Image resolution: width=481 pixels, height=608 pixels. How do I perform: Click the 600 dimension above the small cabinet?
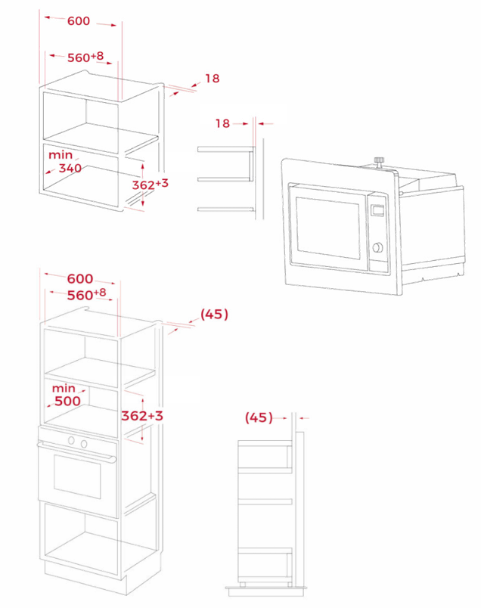pos(78,21)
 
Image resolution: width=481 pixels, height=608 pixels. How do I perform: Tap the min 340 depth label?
pos(64,161)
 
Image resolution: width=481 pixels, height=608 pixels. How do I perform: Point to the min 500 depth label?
pos(67,394)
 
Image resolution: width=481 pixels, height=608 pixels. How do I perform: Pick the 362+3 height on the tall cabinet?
pos(142,415)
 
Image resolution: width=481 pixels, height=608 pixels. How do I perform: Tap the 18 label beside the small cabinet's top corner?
pos(212,78)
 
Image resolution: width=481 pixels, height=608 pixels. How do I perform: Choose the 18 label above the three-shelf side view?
pos(222,123)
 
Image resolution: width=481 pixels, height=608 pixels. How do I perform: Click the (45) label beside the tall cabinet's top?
pos(213,314)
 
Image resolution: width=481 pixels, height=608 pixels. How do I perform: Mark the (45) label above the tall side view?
pos(259,417)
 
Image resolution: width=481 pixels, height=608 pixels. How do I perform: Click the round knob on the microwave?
pos(377,249)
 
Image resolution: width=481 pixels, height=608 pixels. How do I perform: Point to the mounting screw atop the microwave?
pos(377,162)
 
